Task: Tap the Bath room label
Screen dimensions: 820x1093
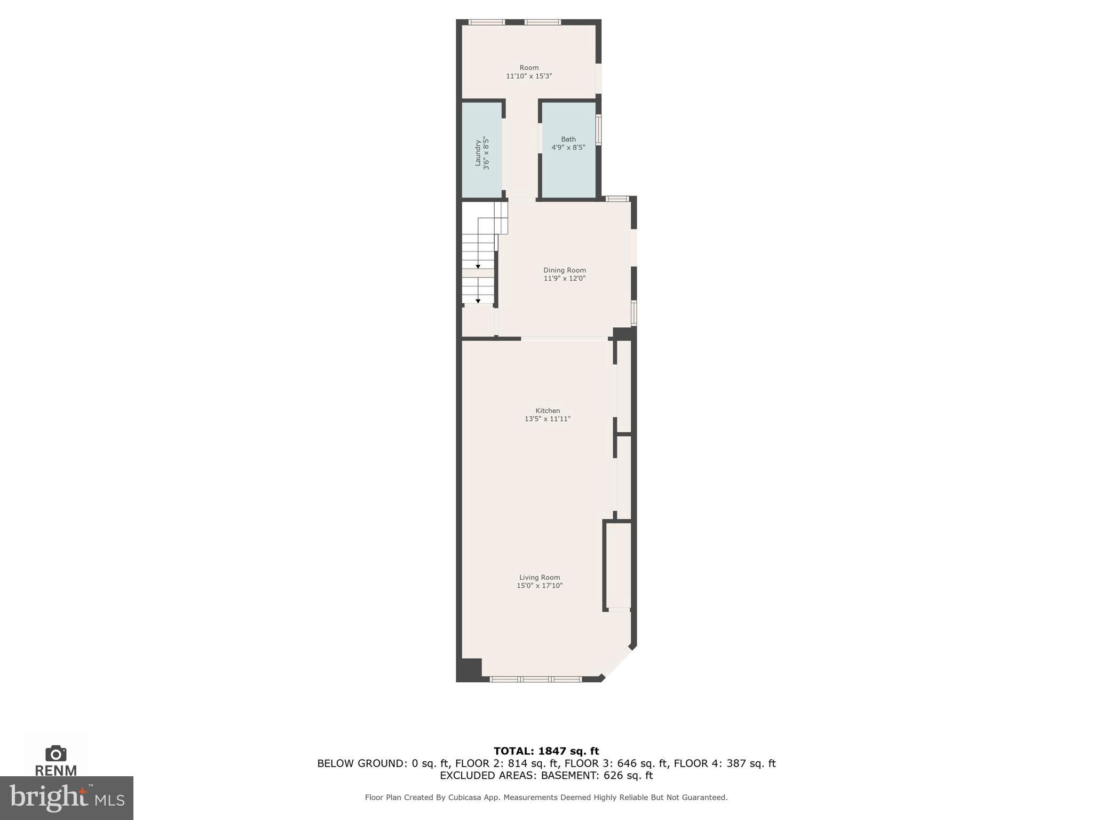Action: [568, 139]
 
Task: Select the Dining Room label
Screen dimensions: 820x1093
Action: [565, 270]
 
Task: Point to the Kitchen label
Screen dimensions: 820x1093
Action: [548, 411]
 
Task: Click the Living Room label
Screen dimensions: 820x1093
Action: [540, 577]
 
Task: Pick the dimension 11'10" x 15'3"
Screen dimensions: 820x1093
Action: [529, 76]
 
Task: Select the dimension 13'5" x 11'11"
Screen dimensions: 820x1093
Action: [548, 419]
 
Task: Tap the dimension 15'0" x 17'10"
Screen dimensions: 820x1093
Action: [540, 586]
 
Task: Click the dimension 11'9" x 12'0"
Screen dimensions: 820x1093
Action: [565, 279]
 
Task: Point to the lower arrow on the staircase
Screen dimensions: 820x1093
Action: [478, 301]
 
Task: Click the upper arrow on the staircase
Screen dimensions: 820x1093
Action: [478, 266]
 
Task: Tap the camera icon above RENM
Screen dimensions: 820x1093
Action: [56, 753]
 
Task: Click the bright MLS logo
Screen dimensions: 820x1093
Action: [67, 798]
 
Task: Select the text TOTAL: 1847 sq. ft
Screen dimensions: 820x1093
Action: [546, 751]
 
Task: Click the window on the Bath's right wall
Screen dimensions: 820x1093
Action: [599, 130]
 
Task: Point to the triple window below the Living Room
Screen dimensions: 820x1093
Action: [535, 679]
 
